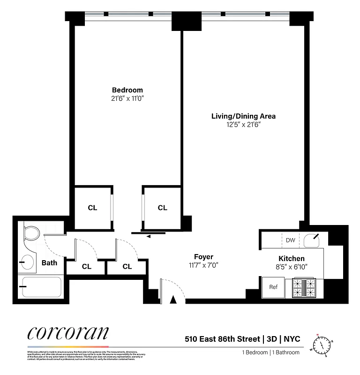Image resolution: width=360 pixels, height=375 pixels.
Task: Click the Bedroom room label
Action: tap(127, 90)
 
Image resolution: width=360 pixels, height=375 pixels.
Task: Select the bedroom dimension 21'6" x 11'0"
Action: tap(127, 98)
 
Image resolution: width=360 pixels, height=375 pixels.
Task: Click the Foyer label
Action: tap(203, 256)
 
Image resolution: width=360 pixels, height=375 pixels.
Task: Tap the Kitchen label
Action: tap(292, 258)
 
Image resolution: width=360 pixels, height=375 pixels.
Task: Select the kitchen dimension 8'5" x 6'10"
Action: tap(292, 267)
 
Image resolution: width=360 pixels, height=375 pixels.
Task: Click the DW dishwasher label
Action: tap(290, 240)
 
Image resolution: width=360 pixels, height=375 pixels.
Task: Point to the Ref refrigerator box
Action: tap(273, 287)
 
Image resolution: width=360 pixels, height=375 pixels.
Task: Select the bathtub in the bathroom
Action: tap(41, 287)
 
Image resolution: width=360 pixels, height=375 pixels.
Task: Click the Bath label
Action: tap(49, 263)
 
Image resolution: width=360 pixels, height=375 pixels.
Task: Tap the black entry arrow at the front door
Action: tap(173, 300)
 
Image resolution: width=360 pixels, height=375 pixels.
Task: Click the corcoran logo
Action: tap(68, 333)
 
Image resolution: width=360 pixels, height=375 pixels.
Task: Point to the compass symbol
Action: tap(322, 346)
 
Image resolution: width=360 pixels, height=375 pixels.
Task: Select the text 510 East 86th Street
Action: tap(222, 338)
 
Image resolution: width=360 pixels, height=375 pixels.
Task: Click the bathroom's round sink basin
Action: tap(27, 262)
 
